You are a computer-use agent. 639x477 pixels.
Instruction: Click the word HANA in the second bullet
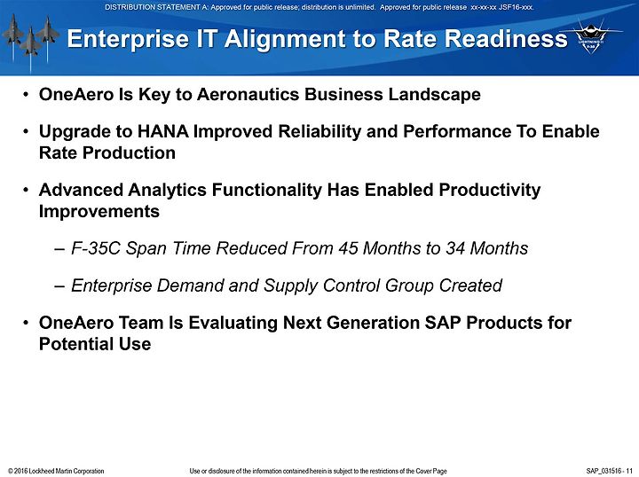tap(163, 131)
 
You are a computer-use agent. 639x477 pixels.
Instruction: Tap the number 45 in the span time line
tap(348, 248)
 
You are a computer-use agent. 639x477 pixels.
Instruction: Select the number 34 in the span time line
tap(455, 248)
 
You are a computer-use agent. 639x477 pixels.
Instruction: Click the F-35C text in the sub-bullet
tap(96, 248)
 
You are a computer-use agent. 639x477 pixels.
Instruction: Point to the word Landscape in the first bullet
tap(434, 95)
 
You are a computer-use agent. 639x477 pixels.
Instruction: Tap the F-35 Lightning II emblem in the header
tap(590, 37)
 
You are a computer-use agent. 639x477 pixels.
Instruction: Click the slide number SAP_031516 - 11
tap(609, 471)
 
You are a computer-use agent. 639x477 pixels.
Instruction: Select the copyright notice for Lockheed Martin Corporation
tap(56, 471)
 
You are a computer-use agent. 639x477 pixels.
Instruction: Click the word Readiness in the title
tap(506, 39)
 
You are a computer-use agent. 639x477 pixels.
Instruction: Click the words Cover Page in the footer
tap(430, 472)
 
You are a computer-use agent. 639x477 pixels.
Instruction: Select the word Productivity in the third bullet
tap(489, 191)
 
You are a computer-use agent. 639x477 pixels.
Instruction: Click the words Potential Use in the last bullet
tap(95, 344)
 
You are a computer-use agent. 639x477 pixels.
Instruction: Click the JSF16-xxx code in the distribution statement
tap(516, 7)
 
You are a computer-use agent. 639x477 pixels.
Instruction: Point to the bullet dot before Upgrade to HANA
tap(26, 132)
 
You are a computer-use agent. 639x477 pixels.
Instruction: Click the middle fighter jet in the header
tap(30, 43)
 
